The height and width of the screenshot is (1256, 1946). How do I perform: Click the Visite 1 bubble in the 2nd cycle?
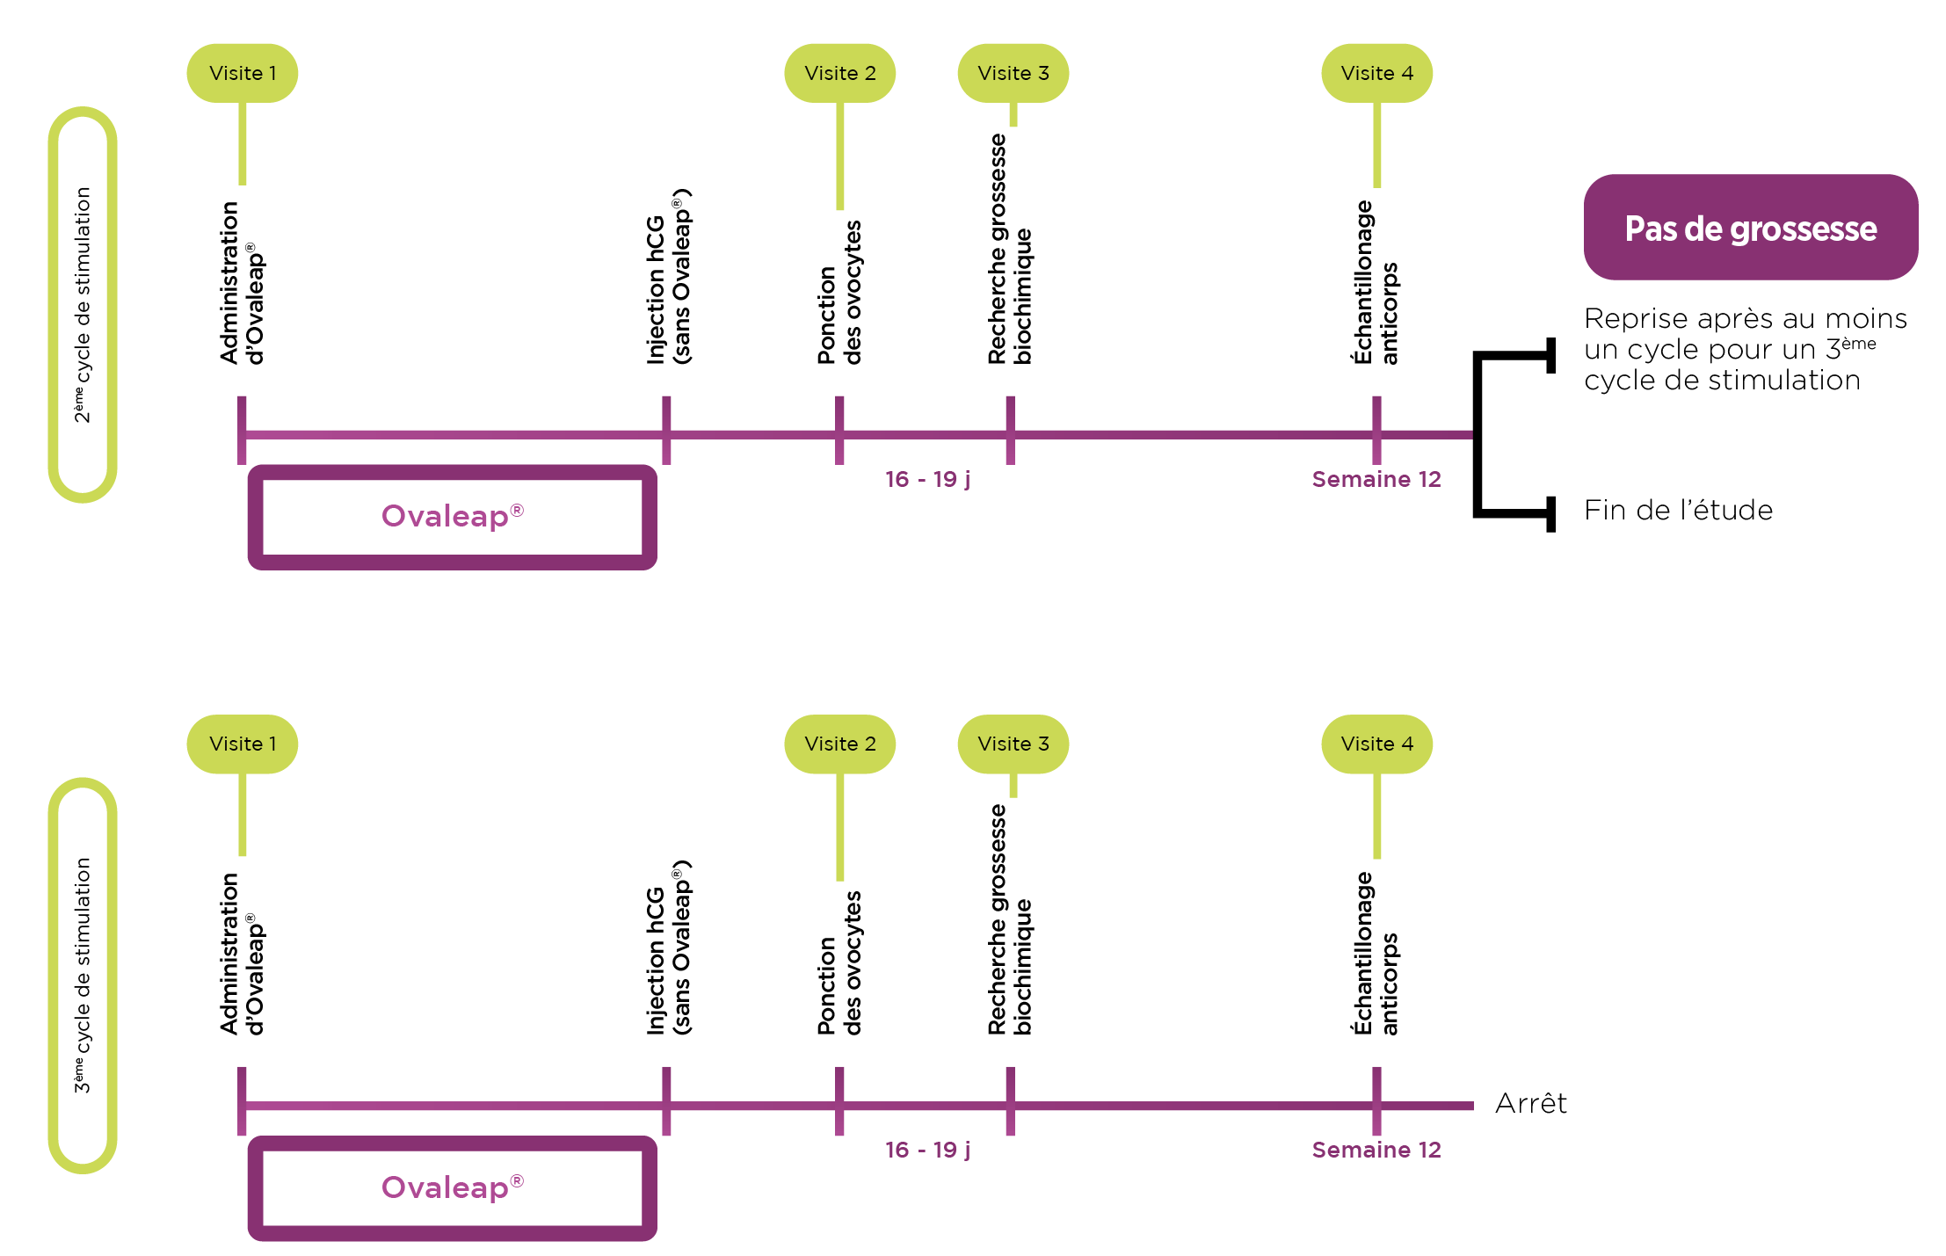pos(243,73)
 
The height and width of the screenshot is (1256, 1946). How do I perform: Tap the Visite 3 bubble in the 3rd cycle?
pos(1013,744)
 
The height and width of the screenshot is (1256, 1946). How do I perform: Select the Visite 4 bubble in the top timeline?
pos(1376,73)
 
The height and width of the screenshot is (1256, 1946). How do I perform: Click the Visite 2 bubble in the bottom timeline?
pos(839,744)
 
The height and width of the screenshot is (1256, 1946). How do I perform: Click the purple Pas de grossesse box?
pos(1750,228)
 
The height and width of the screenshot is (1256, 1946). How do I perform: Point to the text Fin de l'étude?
pos(1678,510)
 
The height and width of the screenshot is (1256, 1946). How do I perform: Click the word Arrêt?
pos(1530,1103)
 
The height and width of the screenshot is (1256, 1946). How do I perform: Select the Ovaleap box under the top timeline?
pos(452,517)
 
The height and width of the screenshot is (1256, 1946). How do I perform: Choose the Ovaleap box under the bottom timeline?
pos(452,1187)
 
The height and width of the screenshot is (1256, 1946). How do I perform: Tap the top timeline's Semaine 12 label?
pos(1376,479)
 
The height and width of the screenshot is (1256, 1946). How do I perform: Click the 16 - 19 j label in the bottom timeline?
pos(927,1150)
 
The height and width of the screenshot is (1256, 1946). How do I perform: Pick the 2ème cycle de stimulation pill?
pos(83,304)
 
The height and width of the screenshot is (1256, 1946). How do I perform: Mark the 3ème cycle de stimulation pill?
pos(83,975)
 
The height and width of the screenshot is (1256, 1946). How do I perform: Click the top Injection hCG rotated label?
pos(668,277)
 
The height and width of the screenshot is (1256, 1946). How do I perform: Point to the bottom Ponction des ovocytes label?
pos(839,963)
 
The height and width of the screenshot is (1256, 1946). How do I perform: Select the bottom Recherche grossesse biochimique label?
pos(1009,919)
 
